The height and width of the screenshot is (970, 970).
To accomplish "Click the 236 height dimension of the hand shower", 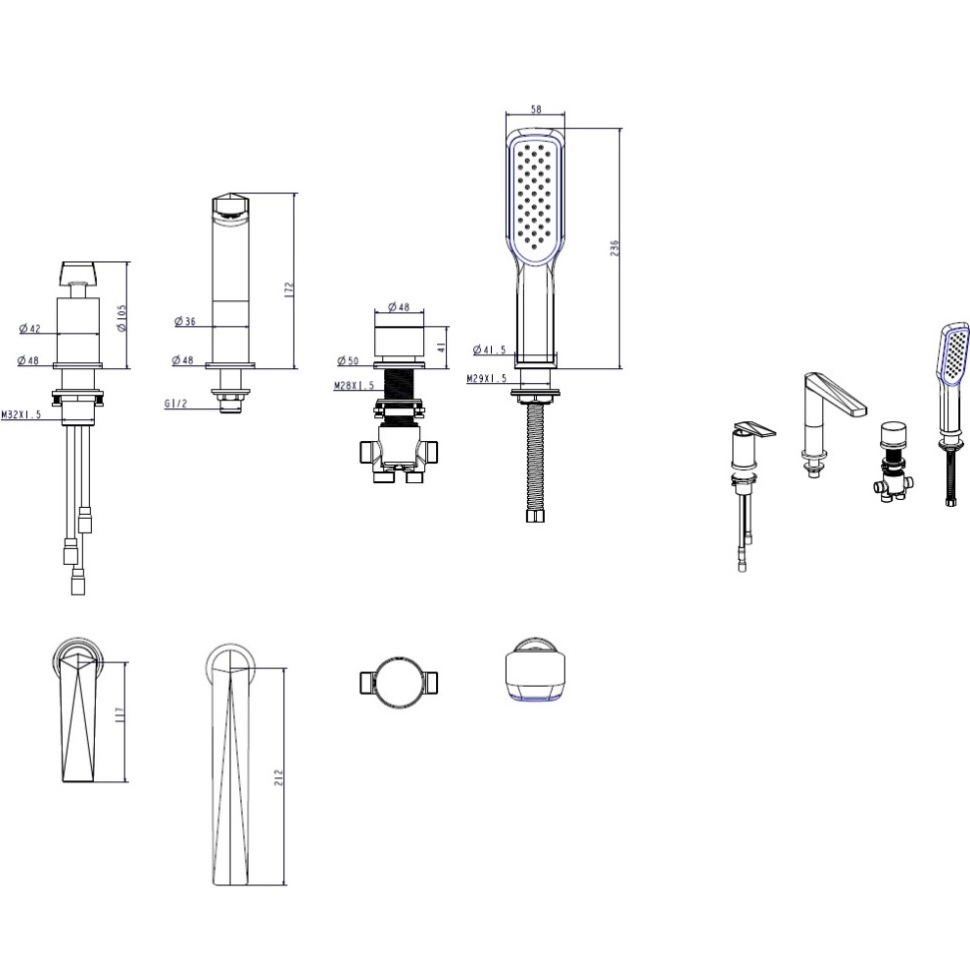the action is tap(615, 248).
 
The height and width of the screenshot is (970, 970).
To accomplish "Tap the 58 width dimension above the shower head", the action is tap(536, 109).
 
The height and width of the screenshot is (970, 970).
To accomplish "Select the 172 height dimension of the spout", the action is tap(288, 290).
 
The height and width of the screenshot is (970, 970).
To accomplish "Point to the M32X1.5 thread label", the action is tap(21, 414).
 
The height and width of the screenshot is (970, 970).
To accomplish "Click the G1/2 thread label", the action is tap(176, 404).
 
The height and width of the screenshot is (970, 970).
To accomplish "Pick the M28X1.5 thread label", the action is tap(354, 385).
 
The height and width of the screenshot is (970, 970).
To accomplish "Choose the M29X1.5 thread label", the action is tap(487, 378).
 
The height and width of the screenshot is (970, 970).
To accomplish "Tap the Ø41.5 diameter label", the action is tap(489, 349).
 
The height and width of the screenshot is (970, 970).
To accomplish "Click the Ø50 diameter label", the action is tap(347, 360).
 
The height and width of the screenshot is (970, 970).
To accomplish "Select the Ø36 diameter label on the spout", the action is tap(185, 321).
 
